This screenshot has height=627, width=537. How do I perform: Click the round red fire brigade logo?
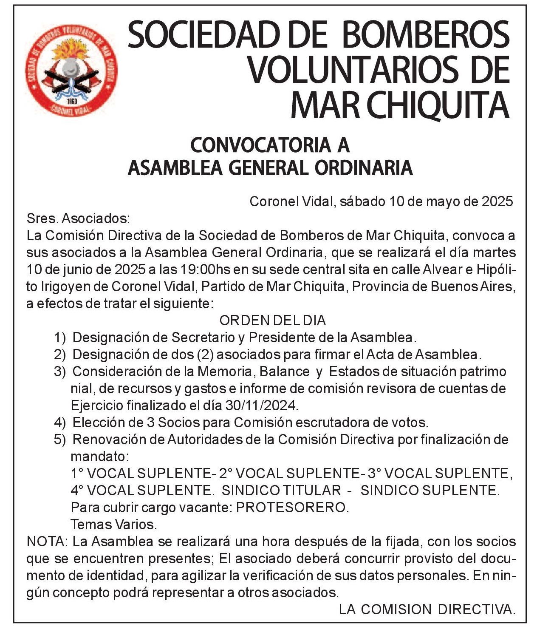pyautogui.click(x=71, y=71)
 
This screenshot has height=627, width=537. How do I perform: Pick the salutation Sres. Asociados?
pyautogui.click(x=78, y=218)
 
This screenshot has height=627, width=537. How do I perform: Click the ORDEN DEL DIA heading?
pyautogui.click(x=272, y=320)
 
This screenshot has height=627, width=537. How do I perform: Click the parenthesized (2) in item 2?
pyautogui.click(x=205, y=355)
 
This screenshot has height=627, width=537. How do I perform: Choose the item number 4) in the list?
pyautogui.click(x=60, y=423)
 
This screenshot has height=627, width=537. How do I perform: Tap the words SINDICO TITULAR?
pyautogui.click(x=281, y=491)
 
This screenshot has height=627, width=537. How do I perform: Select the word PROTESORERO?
pyautogui.click(x=292, y=508)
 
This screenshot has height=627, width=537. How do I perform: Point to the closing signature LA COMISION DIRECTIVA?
pyautogui.click(x=427, y=610)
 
